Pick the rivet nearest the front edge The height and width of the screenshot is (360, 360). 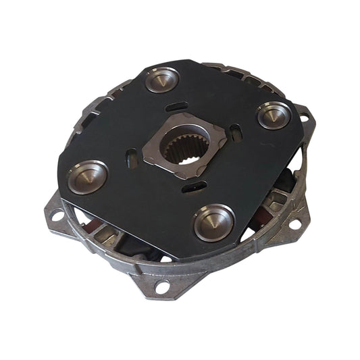tap(214, 221)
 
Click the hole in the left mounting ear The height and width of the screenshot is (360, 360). tap(57, 216)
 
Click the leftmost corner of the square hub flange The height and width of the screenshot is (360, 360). tap(145, 159)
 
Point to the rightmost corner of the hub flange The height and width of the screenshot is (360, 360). tap(224, 124)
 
